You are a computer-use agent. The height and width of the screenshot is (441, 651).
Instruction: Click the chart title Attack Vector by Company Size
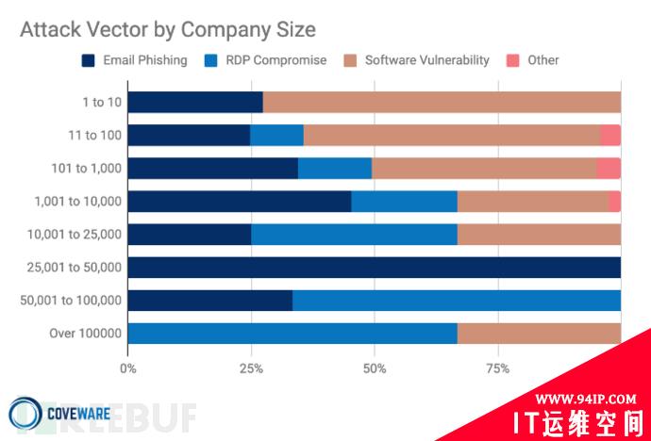[x=167, y=30]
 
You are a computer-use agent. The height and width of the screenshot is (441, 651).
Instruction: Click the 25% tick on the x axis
[x=250, y=367]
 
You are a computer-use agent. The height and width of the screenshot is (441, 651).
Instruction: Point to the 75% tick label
[x=497, y=367]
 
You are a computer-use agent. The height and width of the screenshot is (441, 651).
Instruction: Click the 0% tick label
[x=127, y=367]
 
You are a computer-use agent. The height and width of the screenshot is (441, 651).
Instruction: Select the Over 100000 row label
[x=86, y=334]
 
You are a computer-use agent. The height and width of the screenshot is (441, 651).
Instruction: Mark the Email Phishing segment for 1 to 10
[x=194, y=103]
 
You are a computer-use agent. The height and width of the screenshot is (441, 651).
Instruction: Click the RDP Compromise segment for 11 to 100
[x=276, y=136]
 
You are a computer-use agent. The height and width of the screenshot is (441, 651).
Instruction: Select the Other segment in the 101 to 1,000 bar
[x=609, y=169]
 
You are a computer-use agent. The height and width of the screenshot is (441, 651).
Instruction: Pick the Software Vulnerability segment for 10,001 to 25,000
[x=539, y=235]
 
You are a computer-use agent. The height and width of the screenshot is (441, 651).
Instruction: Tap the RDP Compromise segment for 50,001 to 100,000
[x=456, y=301]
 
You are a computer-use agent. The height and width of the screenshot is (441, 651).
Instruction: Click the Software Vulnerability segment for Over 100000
[x=539, y=334]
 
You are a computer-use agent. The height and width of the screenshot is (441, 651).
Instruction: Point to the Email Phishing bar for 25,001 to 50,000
[x=374, y=268]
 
